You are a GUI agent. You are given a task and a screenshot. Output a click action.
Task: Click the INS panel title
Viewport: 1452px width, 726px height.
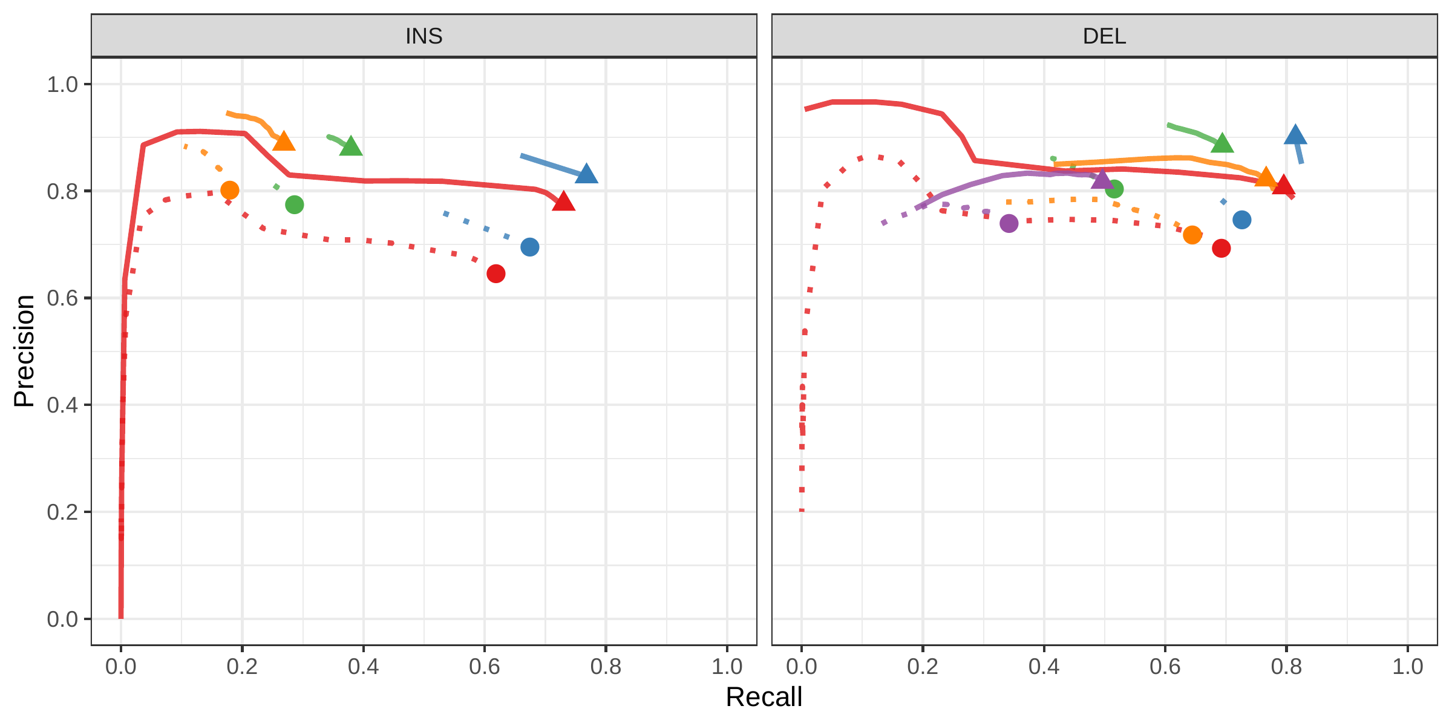click(423, 36)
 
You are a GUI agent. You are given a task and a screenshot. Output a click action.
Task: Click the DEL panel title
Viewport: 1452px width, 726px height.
click(1104, 36)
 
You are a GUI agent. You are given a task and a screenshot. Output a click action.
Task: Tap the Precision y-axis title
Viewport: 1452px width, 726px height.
click(24, 351)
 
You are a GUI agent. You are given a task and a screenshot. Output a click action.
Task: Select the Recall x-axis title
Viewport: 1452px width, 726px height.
click(764, 697)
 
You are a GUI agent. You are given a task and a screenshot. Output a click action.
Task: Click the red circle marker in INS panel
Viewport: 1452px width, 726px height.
click(495, 273)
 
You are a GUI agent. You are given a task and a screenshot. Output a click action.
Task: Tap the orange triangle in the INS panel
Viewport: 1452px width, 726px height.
click(284, 142)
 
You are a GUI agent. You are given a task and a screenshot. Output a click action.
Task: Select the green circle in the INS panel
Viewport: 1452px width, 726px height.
click(294, 204)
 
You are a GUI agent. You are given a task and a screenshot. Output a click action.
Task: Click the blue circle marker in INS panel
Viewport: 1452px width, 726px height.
click(529, 247)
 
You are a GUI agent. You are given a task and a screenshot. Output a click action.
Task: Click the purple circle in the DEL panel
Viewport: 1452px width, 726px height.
click(1009, 223)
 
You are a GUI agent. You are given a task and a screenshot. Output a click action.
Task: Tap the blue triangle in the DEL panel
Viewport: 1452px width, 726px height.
click(1295, 136)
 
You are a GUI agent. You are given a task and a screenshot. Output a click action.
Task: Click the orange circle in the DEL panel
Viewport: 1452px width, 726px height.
click(1192, 235)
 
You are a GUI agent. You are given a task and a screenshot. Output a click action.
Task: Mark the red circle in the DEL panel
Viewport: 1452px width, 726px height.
click(1221, 248)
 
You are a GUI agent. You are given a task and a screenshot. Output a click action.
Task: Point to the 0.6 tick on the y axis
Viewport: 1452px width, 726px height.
click(63, 298)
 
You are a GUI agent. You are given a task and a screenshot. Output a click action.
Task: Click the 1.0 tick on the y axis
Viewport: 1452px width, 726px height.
click(63, 84)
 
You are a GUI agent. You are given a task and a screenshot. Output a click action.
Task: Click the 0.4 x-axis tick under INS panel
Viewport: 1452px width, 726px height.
click(363, 667)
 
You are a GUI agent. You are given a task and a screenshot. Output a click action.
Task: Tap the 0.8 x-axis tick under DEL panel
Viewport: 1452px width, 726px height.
click(1286, 667)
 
